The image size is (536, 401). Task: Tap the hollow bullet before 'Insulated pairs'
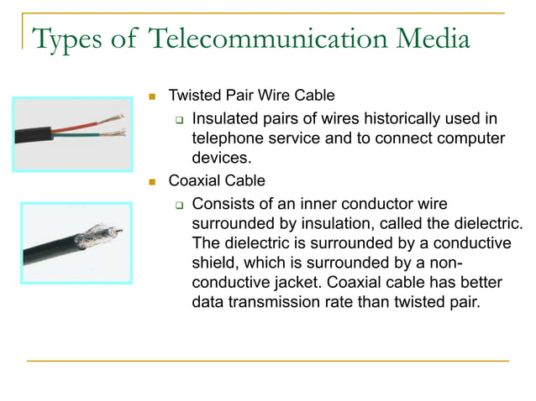[178, 119]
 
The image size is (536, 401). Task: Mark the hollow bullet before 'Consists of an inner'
[178, 204]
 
